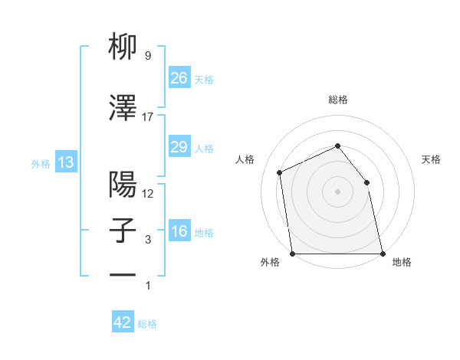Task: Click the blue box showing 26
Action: tap(179, 77)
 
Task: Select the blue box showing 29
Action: tap(179, 147)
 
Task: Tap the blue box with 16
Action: tap(179, 231)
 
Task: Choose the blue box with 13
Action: tap(65, 162)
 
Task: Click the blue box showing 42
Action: tap(123, 322)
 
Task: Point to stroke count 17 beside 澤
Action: tap(148, 116)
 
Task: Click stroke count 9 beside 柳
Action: tap(147, 56)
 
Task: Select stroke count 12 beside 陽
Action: tap(148, 194)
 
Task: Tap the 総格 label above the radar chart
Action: tap(338, 100)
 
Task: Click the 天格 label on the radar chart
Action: tap(431, 159)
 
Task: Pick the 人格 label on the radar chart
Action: tap(245, 159)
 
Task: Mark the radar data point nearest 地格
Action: tap(382, 254)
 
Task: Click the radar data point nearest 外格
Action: tap(293, 254)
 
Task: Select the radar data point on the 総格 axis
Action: tap(337, 146)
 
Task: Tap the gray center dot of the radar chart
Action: tap(337, 191)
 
